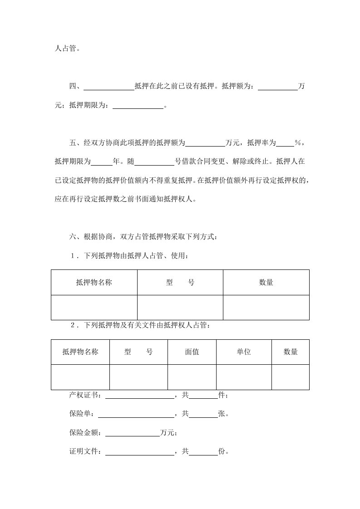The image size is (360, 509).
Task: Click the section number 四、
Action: tap(74, 86)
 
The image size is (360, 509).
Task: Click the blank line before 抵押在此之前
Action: tap(109, 87)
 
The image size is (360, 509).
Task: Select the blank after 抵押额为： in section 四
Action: tap(277, 87)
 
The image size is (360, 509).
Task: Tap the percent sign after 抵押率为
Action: tap(298, 142)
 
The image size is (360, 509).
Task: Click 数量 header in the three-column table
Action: tap(266, 282)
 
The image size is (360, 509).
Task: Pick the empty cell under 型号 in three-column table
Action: tap(180, 308)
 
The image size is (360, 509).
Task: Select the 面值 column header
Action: tap(192, 352)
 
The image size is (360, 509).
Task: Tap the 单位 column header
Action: tap(244, 352)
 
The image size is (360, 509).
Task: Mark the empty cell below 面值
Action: tap(192, 377)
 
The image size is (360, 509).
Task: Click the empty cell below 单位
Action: tap(244, 377)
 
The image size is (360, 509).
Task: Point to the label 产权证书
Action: tap(85, 396)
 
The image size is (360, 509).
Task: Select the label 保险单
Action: tap(81, 414)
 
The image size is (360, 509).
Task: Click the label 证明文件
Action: tap(85, 452)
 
